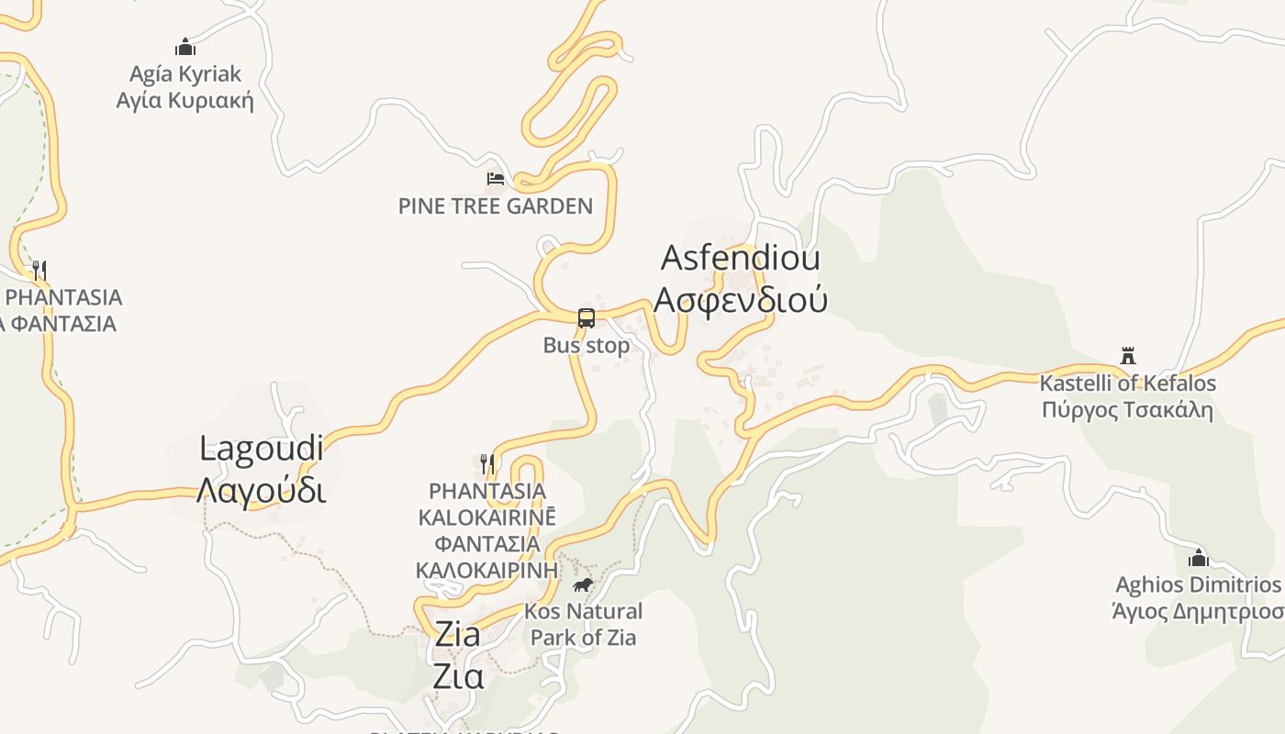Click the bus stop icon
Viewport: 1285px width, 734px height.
(587, 318)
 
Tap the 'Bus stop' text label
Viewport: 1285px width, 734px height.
(587, 346)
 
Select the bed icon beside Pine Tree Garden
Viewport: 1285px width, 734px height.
(496, 178)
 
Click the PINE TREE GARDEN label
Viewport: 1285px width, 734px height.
(496, 206)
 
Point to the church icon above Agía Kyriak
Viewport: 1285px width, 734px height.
(185, 47)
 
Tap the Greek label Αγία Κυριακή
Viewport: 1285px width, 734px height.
(185, 100)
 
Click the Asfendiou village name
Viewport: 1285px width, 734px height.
(740, 258)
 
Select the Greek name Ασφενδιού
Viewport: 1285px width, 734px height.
(740, 299)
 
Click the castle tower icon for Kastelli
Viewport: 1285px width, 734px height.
(1128, 356)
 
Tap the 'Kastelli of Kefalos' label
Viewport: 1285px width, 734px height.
(1127, 384)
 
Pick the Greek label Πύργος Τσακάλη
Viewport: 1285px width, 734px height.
(1127, 409)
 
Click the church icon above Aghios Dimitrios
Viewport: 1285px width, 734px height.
(1198, 558)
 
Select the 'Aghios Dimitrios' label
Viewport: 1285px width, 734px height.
(1198, 584)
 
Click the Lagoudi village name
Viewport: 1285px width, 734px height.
(262, 449)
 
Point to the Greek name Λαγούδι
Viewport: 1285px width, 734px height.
(262, 490)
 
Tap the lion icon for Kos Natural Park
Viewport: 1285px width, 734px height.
(582, 584)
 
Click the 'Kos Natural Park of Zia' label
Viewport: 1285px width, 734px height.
(583, 624)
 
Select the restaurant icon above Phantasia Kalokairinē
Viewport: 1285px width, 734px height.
(487, 463)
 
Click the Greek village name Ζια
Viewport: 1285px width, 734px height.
(458, 676)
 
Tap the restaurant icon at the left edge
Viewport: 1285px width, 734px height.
(39, 270)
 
